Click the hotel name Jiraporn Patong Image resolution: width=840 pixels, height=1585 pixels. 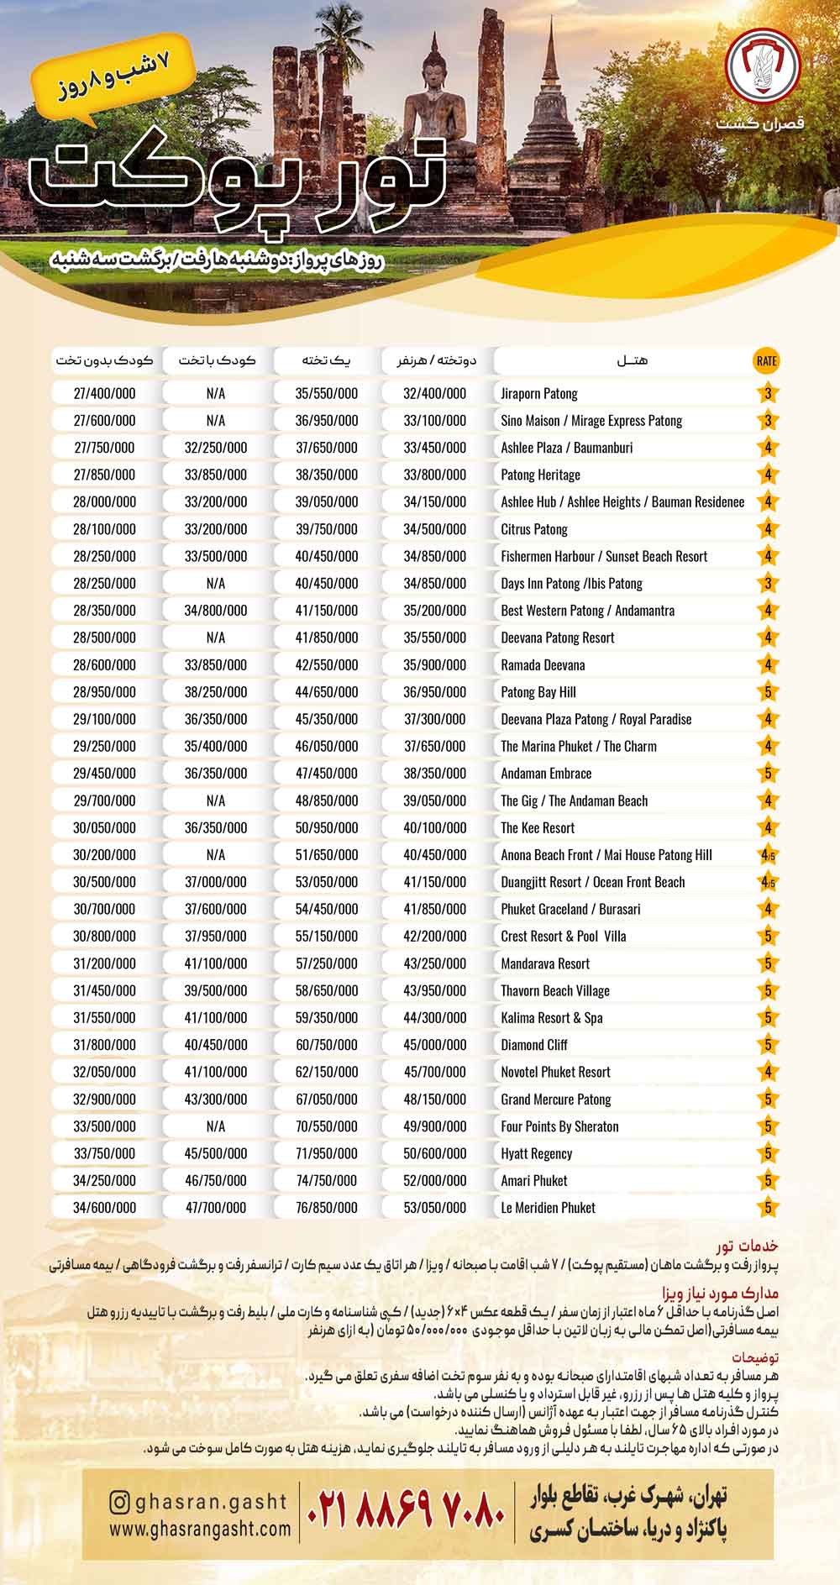click(x=539, y=393)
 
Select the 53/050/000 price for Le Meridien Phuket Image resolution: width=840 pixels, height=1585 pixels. click(x=434, y=1207)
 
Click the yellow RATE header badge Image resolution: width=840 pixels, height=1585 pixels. click(x=766, y=360)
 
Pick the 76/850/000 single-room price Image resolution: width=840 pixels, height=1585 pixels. click(x=326, y=1207)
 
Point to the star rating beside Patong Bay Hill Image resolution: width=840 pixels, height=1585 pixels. click(x=767, y=692)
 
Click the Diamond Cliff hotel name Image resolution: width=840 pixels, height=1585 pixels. click(x=534, y=1045)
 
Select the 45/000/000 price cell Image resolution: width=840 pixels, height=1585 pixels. click(x=434, y=1045)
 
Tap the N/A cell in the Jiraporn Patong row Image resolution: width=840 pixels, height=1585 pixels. click(x=215, y=393)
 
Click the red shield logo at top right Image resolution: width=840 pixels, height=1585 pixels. click(x=762, y=65)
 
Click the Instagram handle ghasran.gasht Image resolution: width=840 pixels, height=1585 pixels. click(x=210, y=1501)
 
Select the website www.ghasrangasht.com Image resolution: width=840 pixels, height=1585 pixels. click(x=200, y=1530)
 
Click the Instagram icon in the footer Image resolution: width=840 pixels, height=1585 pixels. click(x=120, y=1502)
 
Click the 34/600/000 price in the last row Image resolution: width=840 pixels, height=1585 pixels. click(x=104, y=1207)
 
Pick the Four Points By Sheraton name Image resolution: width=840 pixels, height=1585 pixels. click(x=559, y=1126)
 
